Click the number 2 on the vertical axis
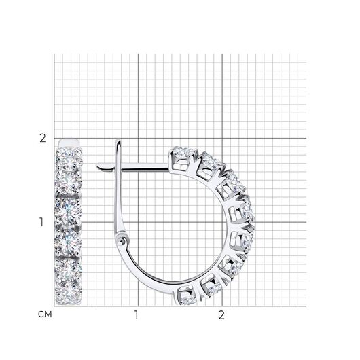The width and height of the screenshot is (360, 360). point(43,139)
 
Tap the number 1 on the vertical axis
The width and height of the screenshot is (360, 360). point(41,222)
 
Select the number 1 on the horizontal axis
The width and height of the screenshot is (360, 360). point(137,315)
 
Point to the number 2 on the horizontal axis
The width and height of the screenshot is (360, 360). point(221,315)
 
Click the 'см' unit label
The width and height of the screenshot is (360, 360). point(45,314)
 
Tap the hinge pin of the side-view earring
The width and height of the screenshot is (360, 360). point(121,241)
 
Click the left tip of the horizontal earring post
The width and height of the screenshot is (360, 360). point(97,166)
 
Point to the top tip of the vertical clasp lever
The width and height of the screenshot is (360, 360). point(118,141)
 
